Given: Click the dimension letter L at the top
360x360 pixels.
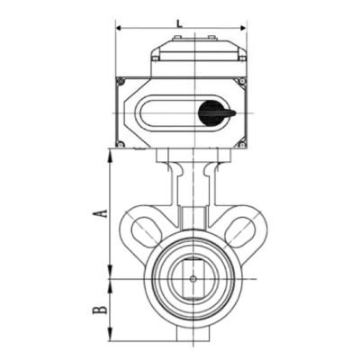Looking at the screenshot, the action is (179, 23).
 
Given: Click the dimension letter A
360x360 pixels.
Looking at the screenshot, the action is (100, 213).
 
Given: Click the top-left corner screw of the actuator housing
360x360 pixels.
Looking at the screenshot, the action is (121, 81).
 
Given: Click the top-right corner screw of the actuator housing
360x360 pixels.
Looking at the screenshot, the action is (242, 81).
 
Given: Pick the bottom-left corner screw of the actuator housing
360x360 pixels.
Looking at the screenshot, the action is (120, 145).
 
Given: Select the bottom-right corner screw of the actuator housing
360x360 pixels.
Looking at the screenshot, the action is (242, 145).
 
